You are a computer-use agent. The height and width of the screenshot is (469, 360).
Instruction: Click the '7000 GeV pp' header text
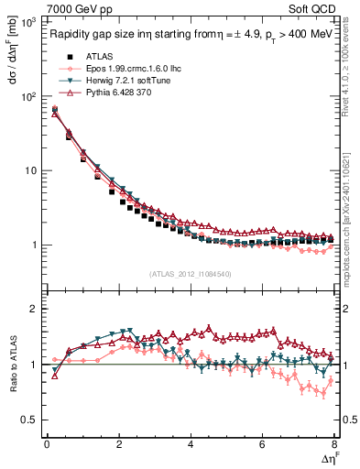pos(80,8)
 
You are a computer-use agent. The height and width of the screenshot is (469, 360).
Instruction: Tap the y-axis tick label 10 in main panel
pos(31,170)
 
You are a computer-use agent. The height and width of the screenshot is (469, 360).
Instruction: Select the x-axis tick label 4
pos(191,444)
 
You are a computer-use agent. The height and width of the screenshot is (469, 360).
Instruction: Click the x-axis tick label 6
pos(262,444)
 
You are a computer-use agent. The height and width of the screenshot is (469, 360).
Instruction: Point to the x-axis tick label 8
pos(333,444)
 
